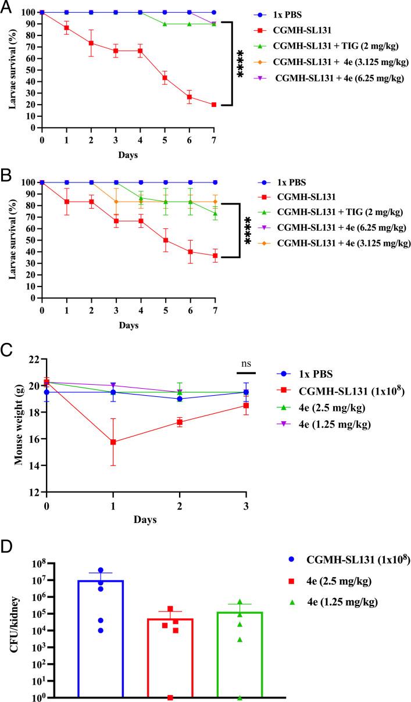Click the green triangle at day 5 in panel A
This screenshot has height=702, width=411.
[x=165, y=24]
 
